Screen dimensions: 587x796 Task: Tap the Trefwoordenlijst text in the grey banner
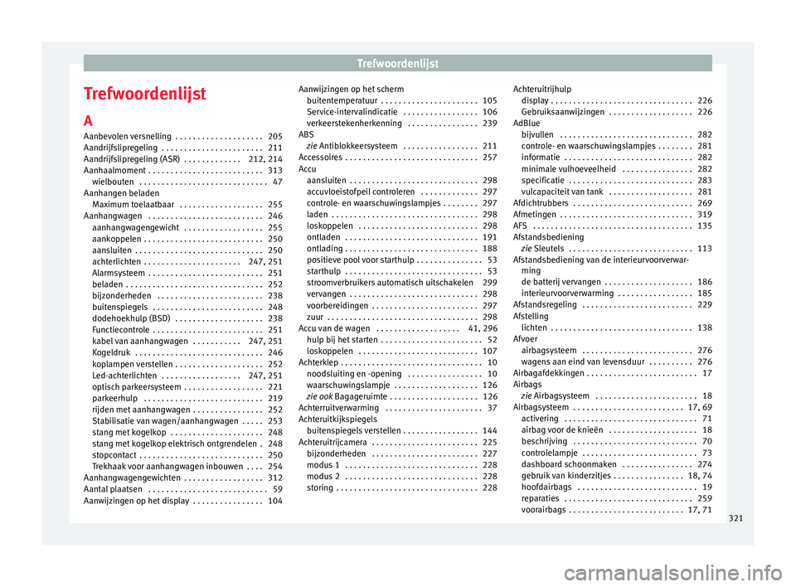(x=397, y=62)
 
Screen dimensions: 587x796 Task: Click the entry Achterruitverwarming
(x=340, y=407)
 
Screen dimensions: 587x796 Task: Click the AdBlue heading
(x=527, y=123)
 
